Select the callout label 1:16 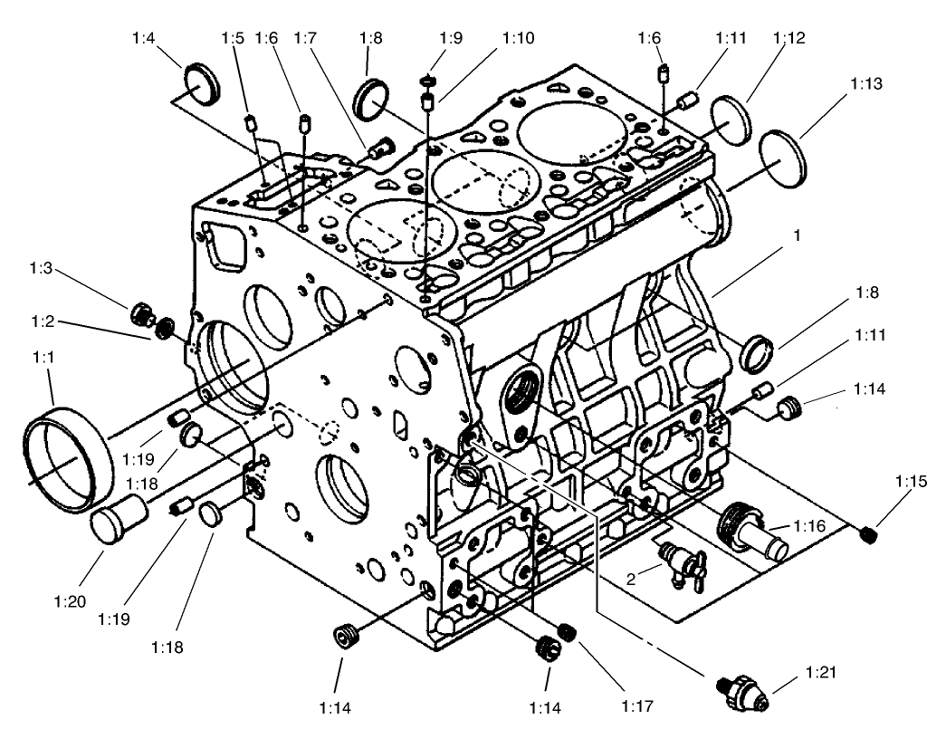[808, 526]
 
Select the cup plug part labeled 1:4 [201, 84]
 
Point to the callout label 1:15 [913, 483]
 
